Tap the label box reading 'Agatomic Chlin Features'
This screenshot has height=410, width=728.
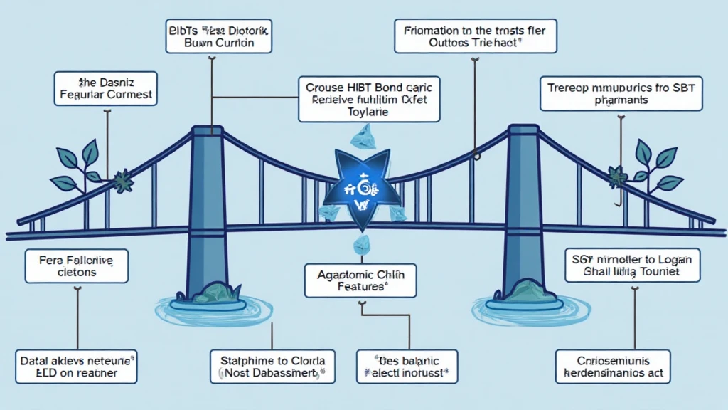pos(360,279)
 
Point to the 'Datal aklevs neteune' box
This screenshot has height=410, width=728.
pos(69,364)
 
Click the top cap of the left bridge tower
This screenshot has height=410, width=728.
pos(207,132)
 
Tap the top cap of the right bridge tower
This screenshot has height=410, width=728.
pos(523,130)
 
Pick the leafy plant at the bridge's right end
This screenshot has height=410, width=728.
pos(651,165)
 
